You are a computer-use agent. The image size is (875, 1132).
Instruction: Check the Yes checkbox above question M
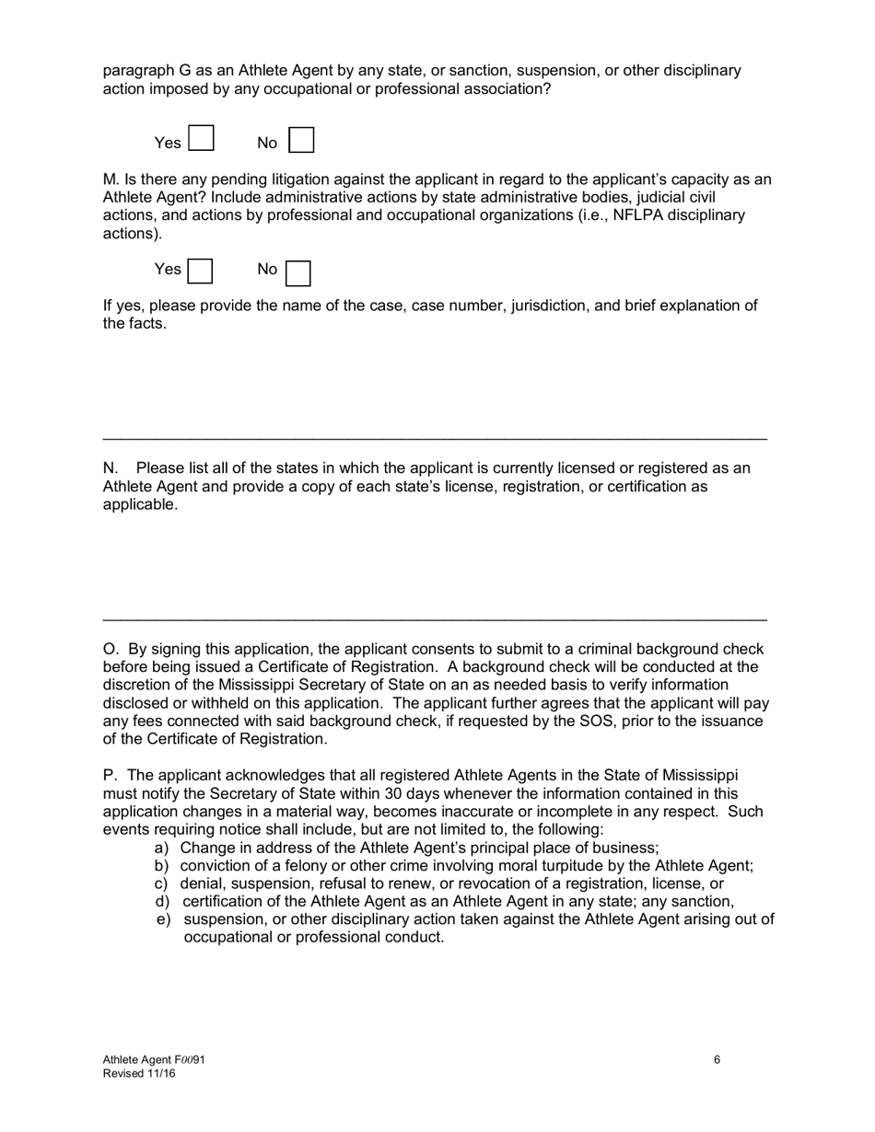point(201,139)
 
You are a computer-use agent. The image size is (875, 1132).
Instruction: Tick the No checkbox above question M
point(302,140)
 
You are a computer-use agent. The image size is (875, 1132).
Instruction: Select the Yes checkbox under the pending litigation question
point(200,271)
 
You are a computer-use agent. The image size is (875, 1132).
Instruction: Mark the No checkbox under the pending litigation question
point(298,273)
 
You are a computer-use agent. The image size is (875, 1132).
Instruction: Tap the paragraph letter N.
point(110,468)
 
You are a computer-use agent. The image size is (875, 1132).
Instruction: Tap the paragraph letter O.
point(110,649)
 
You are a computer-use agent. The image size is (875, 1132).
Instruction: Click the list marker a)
point(162,848)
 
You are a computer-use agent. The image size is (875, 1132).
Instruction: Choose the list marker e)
point(163,919)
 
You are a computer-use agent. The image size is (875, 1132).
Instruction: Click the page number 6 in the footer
point(717,1059)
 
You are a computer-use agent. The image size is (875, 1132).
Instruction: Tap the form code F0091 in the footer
point(185,1060)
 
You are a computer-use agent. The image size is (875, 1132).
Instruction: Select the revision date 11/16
point(159,1073)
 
